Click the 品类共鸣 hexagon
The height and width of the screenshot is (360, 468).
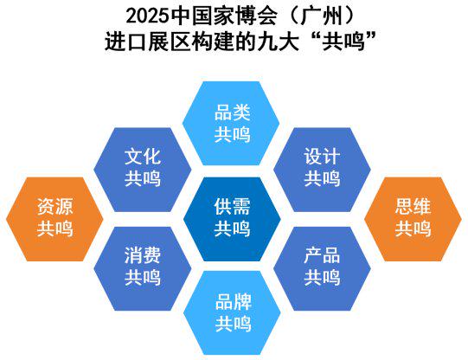click(231, 123)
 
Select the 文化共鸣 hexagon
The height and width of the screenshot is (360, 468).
click(143, 170)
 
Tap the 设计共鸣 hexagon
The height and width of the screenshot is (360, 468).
click(322, 170)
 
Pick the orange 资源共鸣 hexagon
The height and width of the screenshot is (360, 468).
click(54, 219)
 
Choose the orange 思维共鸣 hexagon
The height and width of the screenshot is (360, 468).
click(413, 219)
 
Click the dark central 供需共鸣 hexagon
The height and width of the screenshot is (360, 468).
click(232, 219)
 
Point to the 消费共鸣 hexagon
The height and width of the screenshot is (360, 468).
click(143, 268)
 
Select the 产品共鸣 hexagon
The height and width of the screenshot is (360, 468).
click(322, 268)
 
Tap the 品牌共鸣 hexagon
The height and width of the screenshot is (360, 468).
click(232, 312)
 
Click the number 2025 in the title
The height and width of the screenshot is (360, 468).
click(147, 16)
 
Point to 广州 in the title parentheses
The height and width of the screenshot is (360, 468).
click(321, 16)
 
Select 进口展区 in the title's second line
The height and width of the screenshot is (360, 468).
click(147, 42)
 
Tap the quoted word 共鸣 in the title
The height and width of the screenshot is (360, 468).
click(343, 42)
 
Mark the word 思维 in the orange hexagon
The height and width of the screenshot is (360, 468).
click(414, 206)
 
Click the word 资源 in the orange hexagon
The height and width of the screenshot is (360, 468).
click(54, 206)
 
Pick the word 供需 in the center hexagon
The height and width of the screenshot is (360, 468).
click(232, 206)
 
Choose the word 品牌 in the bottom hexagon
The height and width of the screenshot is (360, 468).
click(233, 302)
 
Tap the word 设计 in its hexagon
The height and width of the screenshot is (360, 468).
click(322, 156)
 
